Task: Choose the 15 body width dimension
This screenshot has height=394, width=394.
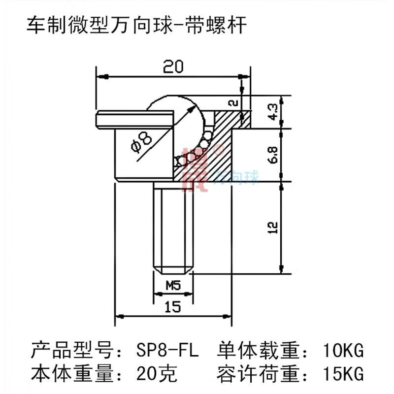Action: (172, 306)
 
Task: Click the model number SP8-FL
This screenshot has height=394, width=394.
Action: (166, 352)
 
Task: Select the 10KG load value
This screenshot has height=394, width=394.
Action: (343, 352)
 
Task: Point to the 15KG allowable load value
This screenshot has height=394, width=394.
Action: (343, 374)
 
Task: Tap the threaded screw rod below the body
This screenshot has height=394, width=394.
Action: (172, 227)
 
